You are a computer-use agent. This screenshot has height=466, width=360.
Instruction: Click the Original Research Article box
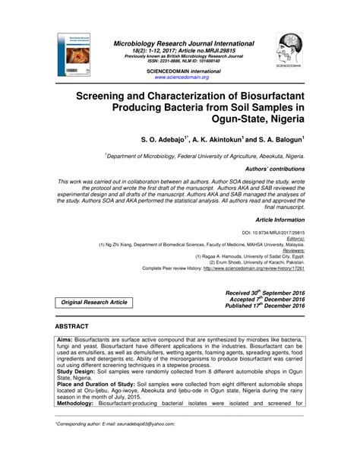(94, 303)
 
